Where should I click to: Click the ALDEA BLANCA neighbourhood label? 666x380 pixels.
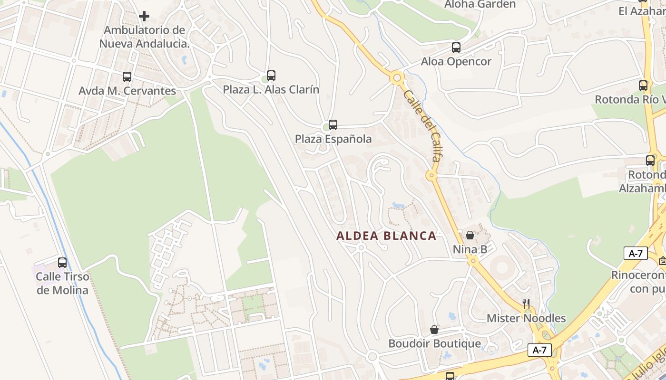coord(386,236)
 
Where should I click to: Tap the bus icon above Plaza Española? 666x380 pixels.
coord(333,125)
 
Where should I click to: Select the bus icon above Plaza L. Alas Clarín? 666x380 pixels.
coord(271,75)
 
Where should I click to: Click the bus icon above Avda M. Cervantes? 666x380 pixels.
coord(127,76)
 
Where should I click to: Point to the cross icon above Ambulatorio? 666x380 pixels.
coord(144,16)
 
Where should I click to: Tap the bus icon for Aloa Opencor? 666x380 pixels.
coord(456,47)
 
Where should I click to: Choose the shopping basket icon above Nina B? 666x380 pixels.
coord(470,235)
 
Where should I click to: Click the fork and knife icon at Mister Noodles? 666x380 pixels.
coord(526,304)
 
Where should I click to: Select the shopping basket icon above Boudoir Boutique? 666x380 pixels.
coord(434,329)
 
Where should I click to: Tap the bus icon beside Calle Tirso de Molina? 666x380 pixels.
coord(62,262)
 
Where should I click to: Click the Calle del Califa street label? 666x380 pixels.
coord(422,125)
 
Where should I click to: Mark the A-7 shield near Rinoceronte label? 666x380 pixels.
coord(636,253)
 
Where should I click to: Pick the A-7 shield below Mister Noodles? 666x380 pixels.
coord(539,351)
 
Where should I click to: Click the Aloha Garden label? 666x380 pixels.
coord(480,4)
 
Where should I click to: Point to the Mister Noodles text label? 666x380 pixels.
coord(526,318)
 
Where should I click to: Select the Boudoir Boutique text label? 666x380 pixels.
coord(434,343)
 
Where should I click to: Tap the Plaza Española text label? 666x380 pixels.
coord(333,139)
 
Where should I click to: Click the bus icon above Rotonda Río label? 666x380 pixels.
coord(643,85)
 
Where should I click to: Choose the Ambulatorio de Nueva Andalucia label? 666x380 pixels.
coord(144,37)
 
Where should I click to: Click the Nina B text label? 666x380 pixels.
coord(470,249)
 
